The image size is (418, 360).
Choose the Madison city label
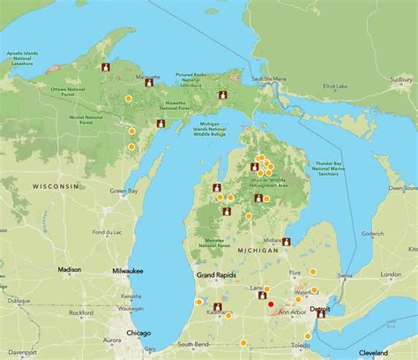coord(70,269)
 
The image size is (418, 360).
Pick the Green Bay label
coord(123,191)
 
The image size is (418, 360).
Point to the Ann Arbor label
coord(293,311)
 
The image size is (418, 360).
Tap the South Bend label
coord(192,343)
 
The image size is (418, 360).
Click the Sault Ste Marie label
coord(271,80)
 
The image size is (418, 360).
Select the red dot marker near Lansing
coord(270,304)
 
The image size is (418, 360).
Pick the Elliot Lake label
coord(336,86)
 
